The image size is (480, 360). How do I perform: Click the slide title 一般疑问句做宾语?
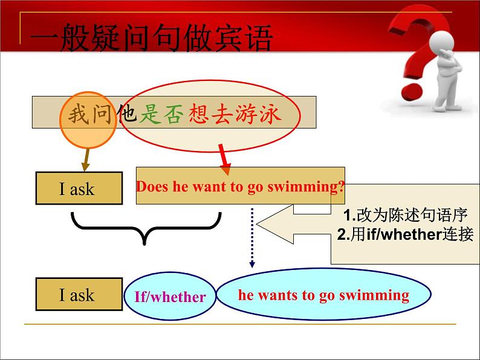[151, 38]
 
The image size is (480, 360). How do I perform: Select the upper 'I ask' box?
[79, 188]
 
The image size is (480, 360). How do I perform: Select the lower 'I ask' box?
[79, 294]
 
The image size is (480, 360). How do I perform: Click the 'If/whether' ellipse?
[170, 296]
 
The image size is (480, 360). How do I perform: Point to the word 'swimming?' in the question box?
[306, 187]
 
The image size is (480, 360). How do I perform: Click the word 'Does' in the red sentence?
[152, 186]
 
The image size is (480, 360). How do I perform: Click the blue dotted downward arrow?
[252, 237]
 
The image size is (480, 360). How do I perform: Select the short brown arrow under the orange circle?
[86, 159]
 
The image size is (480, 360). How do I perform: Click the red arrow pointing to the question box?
[225, 159]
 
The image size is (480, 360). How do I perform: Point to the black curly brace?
[146, 228]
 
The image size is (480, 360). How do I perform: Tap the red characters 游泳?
[258, 114]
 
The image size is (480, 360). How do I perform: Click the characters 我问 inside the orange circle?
[89, 114]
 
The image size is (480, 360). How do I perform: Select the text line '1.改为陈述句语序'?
[405, 214]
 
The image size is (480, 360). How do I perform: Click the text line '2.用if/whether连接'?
[405, 234]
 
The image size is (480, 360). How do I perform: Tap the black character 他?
[126, 114]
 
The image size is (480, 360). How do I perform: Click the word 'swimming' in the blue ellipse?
[374, 296]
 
